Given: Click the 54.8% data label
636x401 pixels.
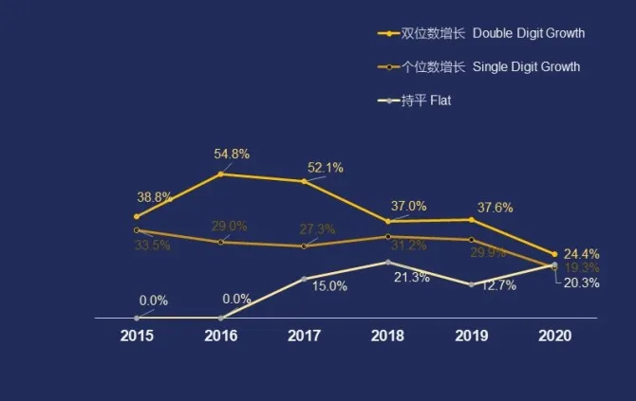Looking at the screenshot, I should tap(232, 154).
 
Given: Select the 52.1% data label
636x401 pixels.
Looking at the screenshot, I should tap(326, 168).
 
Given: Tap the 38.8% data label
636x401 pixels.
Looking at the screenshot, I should tap(155, 197).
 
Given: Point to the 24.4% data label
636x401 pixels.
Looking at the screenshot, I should tap(581, 253).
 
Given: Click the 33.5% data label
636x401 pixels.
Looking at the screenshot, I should tap(153, 246).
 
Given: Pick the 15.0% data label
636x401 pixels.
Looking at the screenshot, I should tap(329, 286).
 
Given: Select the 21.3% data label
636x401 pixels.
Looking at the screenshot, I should tap(411, 278).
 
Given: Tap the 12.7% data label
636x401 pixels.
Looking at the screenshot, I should tap(498, 285).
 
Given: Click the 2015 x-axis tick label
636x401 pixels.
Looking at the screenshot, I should tap(137, 336).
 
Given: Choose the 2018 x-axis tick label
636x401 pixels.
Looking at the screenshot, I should tap(387, 336).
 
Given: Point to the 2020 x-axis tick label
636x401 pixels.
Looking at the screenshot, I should tap(554, 336).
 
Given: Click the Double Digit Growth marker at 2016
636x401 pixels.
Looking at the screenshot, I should tap(221, 173).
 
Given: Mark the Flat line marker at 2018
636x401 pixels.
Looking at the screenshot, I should tap(387, 262).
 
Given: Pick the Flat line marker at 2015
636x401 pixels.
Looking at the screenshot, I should tap(137, 318).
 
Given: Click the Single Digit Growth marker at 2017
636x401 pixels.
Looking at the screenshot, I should tap(304, 246).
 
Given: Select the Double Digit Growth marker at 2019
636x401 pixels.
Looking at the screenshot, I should tap(471, 220).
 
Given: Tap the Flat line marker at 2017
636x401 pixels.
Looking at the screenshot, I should tap(304, 279).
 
